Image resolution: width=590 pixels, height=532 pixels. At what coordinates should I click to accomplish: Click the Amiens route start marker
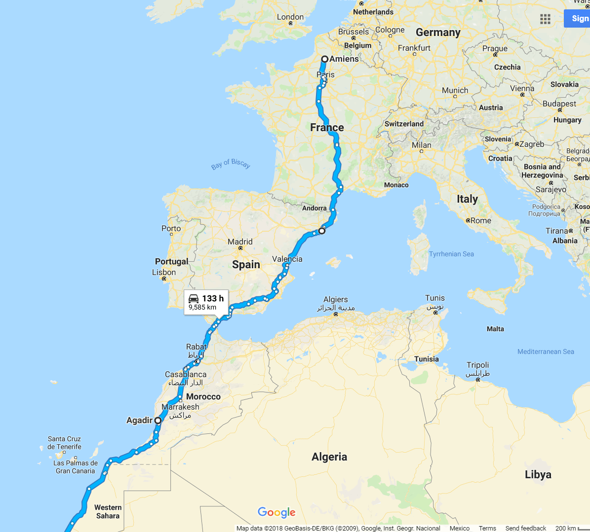[x=324, y=59]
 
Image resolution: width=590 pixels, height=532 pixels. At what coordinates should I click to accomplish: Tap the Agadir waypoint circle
[x=157, y=421]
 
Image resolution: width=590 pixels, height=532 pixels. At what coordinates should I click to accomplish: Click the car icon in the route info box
[x=194, y=298]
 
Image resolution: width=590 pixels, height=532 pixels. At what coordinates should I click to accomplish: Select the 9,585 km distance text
[x=202, y=307]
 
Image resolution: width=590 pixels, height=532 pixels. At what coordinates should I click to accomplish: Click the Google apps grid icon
[x=545, y=19]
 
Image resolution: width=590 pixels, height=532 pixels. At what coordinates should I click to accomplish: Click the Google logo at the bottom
[x=276, y=512]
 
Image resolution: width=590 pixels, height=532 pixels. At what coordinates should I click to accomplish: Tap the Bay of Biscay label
[x=231, y=164]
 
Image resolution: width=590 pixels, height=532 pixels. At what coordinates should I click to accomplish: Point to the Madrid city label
[x=240, y=242]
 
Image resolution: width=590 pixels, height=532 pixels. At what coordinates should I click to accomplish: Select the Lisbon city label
[x=164, y=272]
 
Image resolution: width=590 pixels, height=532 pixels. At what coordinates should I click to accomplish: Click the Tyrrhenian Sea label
[x=451, y=254]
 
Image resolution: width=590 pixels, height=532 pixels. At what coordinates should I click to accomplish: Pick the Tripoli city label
[x=477, y=365]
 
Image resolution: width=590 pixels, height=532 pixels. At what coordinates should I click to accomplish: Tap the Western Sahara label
[x=108, y=511]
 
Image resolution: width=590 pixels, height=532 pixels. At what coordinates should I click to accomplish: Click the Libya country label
[x=538, y=474]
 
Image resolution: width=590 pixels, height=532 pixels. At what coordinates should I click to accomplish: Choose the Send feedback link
[x=525, y=528]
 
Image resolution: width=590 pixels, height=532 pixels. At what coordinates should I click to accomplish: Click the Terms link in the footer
[x=487, y=528]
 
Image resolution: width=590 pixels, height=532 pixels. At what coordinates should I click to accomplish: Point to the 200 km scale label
[x=565, y=528]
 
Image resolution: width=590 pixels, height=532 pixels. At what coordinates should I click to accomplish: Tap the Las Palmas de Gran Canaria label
[x=76, y=467]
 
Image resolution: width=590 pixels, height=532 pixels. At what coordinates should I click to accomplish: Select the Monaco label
[x=396, y=185]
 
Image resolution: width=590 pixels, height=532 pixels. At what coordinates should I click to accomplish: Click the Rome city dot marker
[x=468, y=220]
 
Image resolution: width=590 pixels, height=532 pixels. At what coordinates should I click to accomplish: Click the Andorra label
[x=315, y=208]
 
